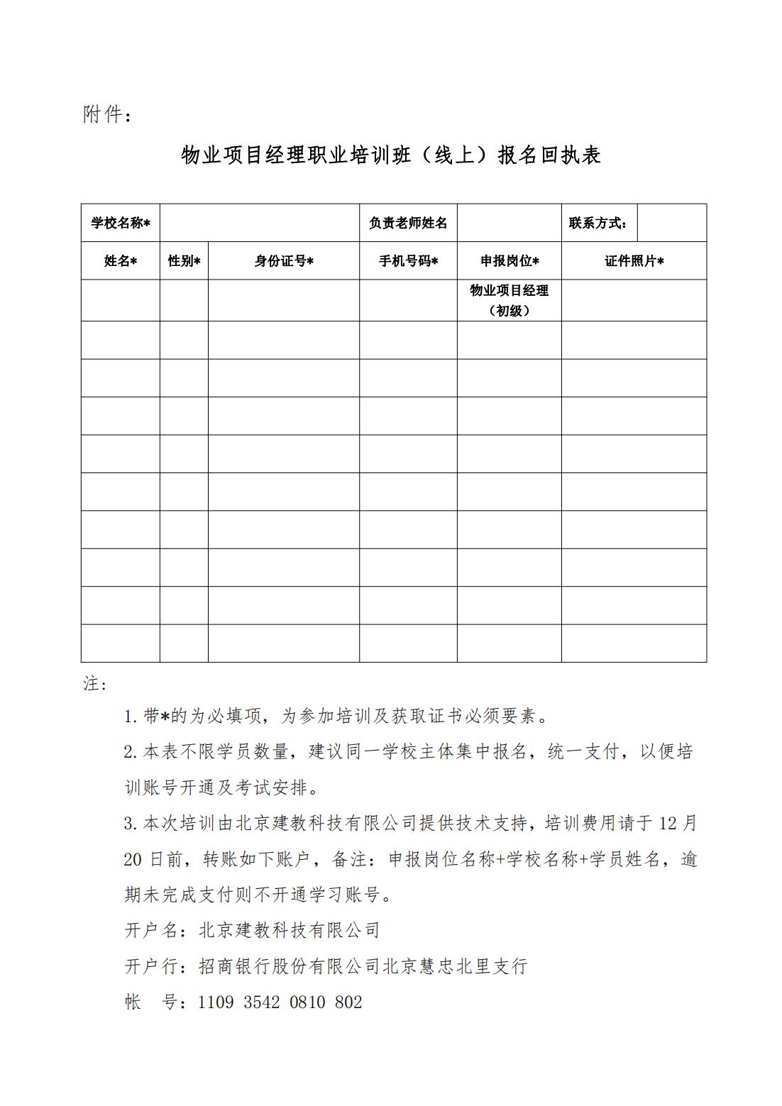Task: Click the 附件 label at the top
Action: click(x=106, y=114)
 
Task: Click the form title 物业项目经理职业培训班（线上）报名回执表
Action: click(x=391, y=155)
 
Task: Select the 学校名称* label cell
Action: click(x=121, y=223)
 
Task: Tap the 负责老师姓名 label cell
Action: click(x=408, y=223)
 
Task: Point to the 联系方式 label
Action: click(x=598, y=223)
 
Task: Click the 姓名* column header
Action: click(x=121, y=261)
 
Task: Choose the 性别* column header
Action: click(x=184, y=261)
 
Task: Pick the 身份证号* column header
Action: click(x=284, y=261)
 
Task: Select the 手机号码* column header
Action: click(x=408, y=261)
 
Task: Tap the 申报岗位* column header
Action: click(x=510, y=261)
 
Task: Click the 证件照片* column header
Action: click(x=634, y=261)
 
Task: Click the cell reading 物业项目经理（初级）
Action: click(x=510, y=300)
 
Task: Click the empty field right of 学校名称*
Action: click(x=260, y=223)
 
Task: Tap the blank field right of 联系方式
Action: click(x=671, y=223)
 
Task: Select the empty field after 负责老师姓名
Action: click(x=510, y=223)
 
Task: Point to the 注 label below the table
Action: click(x=94, y=684)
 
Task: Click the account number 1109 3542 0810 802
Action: click(x=280, y=1002)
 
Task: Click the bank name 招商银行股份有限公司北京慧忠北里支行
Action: click(x=363, y=966)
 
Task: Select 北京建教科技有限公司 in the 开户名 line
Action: click(x=290, y=930)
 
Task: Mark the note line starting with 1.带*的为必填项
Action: click(x=337, y=717)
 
